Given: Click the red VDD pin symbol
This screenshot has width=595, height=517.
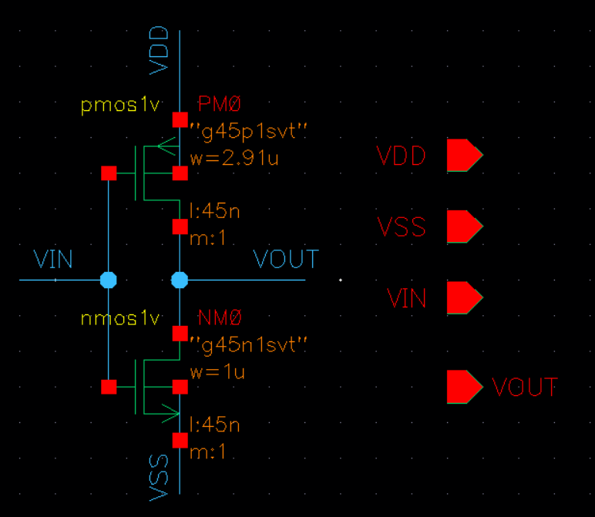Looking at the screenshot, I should (x=464, y=156).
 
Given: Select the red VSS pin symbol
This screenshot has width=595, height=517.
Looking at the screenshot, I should (x=464, y=227).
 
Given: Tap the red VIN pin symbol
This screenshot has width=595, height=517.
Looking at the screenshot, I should (x=464, y=297).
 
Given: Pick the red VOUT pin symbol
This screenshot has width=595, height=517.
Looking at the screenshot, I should (x=464, y=387).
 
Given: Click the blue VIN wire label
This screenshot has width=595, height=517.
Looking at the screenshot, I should (x=53, y=260).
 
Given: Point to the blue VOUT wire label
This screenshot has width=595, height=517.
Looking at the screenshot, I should (x=286, y=260).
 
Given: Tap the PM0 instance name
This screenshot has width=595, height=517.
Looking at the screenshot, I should (x=220, y=105).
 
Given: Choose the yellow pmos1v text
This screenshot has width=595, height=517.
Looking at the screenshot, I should (x=119, y=106).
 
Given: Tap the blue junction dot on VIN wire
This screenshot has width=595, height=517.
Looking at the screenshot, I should (x=109, y=280).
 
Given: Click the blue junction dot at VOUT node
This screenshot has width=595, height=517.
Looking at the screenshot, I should (x=180, y=280).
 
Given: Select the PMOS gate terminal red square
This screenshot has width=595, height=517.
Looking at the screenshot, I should (x=109, y=173).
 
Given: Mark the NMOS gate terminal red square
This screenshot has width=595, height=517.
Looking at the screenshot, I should (x=109, y=386).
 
